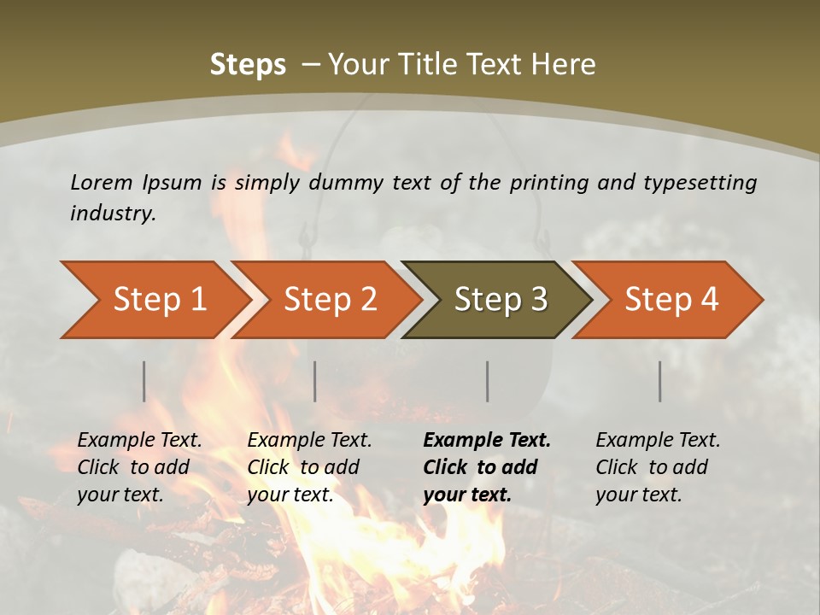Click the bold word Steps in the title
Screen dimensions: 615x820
click(x=248, y=65)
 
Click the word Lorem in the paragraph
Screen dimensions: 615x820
click(x=102, y=182)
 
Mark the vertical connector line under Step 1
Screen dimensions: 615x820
click(x=144, y=381)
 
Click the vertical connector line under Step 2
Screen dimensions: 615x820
click(x=315, y=381)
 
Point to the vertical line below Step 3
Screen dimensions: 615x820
click(x=488, y=381)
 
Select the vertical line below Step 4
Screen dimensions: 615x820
click(x=660, y=381)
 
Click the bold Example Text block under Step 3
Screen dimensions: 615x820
click(x=487, y=467)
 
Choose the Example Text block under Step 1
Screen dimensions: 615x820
click(x=139, y=467)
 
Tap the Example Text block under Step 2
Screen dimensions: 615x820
click(x=309, y=467)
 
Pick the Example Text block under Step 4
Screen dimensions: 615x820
click(x=658, y=467)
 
